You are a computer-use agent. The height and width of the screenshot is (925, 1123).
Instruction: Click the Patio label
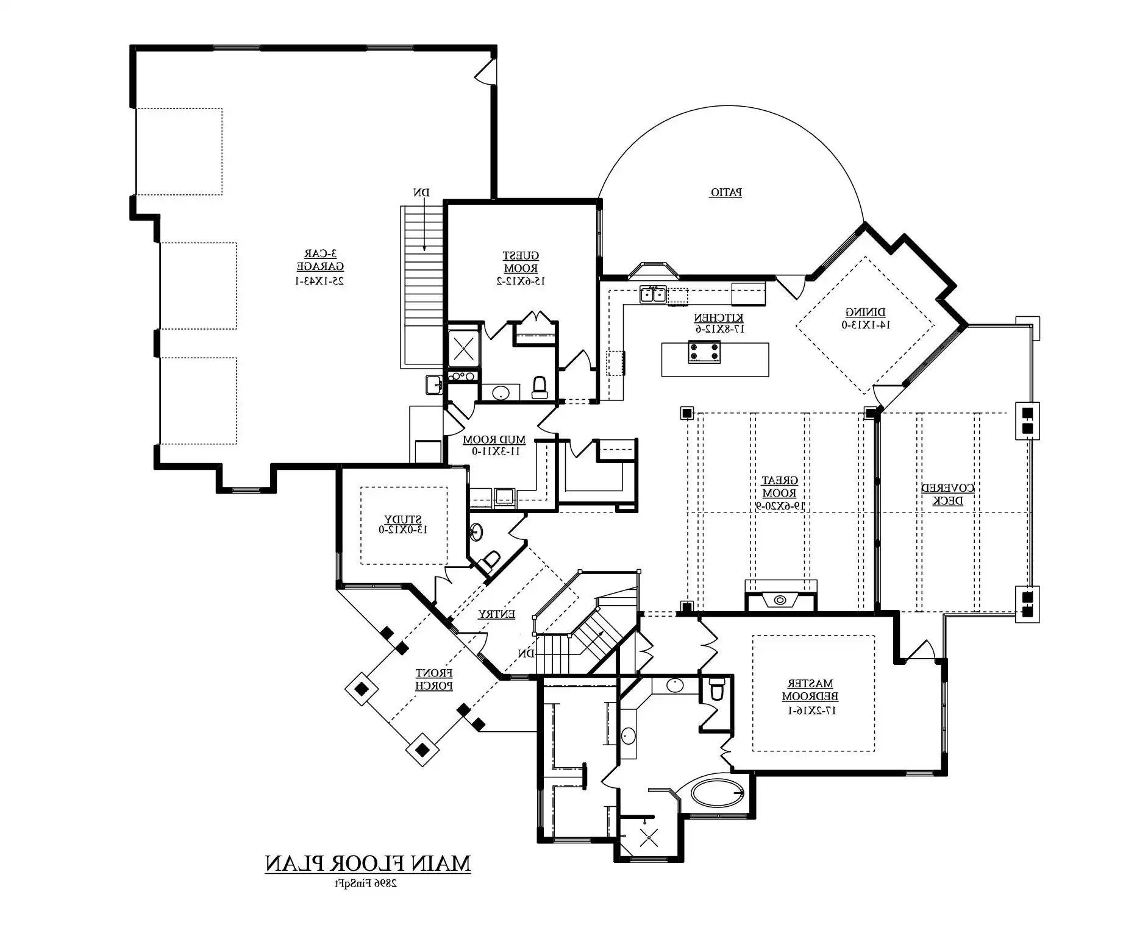coord(725,193)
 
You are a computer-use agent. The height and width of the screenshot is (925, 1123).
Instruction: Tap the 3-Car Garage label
coord(320,260)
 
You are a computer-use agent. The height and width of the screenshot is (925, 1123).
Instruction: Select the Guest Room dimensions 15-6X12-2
coord(521,281)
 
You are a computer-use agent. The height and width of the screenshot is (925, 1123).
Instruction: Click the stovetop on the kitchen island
coord(704,352)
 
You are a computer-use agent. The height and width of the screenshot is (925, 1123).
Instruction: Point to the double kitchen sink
coord(653,295)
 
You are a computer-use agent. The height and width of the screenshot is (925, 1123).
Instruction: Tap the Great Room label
coord(780,487)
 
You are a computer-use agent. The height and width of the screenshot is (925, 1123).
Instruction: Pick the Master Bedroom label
coord(810,690)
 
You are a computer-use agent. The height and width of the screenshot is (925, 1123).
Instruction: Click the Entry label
coord(496,614)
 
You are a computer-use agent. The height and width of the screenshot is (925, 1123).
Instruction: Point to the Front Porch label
coord(434,679)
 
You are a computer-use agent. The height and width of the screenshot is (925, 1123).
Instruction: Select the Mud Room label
coord(494,439)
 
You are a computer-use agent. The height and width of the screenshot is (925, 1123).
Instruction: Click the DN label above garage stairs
coord(421,193)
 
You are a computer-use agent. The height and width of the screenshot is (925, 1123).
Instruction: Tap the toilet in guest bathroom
coord(540,387)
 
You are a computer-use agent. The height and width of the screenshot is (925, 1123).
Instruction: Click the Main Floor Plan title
coord(368,864)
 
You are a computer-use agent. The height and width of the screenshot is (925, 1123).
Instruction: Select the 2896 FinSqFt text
coord(365,883)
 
